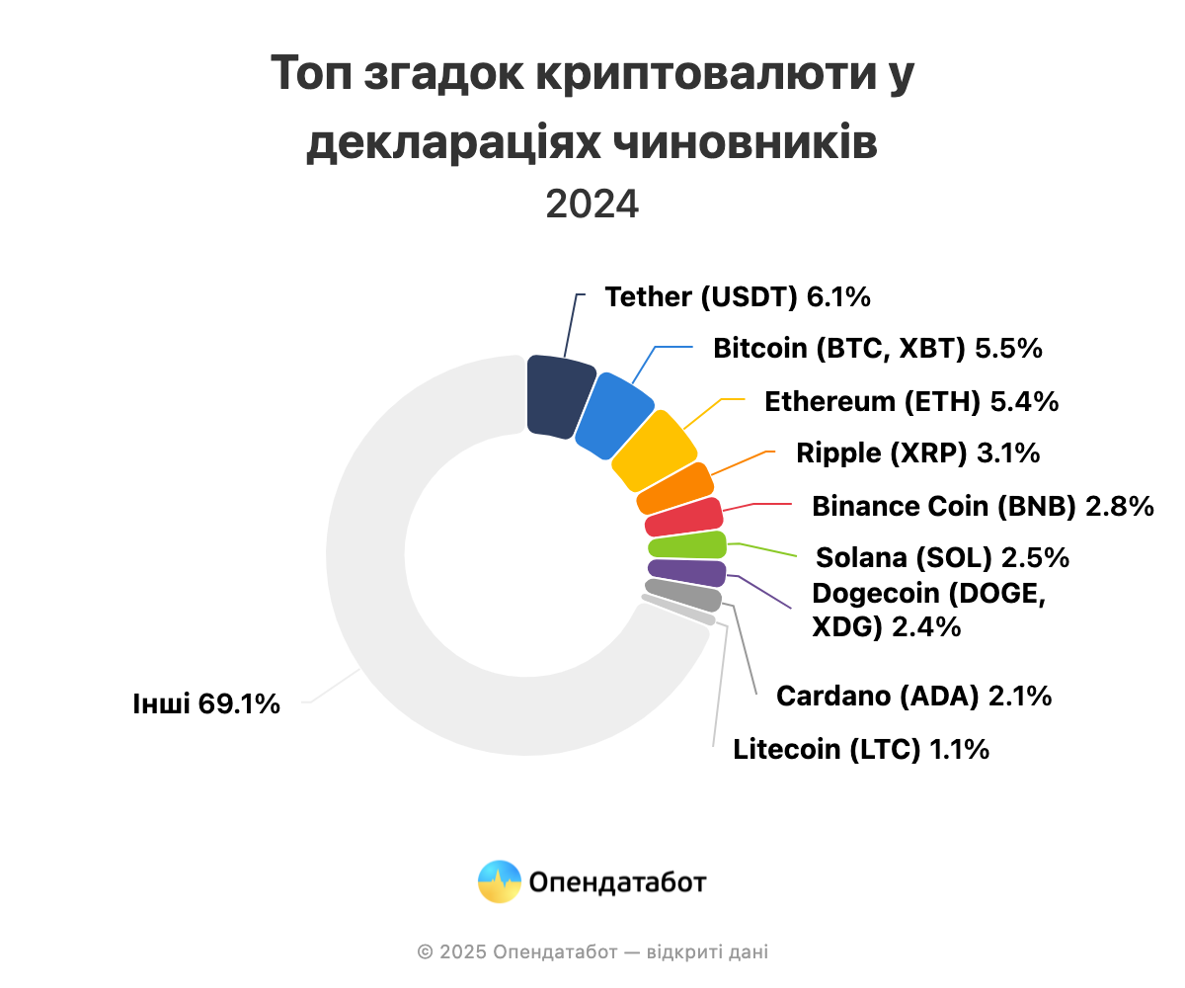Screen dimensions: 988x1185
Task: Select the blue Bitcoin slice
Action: pos(613,415)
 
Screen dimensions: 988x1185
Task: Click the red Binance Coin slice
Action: pos(684,518)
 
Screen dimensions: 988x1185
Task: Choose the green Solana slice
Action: pos(687,545)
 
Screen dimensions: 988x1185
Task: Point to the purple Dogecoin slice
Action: pos(686,571)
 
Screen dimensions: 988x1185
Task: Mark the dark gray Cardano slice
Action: pos(683,595)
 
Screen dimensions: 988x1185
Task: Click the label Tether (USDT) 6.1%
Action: pos(737,296)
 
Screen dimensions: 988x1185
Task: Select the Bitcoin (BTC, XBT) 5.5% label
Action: pos(878,349)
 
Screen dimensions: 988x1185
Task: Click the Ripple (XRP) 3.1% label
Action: pos(917,453)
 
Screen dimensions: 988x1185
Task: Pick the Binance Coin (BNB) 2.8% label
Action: pos(983,506)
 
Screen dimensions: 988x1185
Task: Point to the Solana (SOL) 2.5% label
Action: pos(942,557)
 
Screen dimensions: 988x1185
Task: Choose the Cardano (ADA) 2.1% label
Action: pos(913,696)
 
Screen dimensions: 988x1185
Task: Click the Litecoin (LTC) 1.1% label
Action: pos(861,749)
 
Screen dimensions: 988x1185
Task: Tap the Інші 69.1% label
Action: pos(206,704)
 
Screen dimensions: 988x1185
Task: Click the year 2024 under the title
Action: pos(592,205)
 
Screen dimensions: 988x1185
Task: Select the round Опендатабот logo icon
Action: pos(500,881)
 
